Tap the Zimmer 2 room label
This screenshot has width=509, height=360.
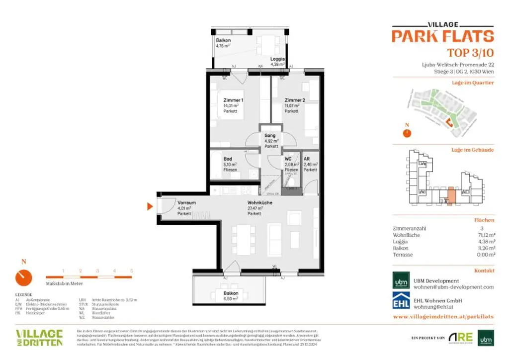[x=295, y=100]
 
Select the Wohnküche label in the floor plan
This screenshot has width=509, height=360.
[x=260, y=203]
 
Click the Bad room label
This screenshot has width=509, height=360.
[x=228, y=159]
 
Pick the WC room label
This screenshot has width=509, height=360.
[x=288, y=159]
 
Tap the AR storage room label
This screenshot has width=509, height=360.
[x=307, y=159]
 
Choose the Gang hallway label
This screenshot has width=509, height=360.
[x=270, y=135]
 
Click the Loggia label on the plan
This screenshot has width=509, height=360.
[x=277, y=59]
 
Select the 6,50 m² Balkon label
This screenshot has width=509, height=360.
[x=231, y=294]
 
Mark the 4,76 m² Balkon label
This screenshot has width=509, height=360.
[x=223, y=40]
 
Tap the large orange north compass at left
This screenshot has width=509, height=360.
[x=23, y=277]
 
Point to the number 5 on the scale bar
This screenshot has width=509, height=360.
[x=131, y=270]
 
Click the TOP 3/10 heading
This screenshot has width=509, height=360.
[x=470, y=53]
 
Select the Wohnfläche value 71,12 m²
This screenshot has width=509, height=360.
[x=485, y=235]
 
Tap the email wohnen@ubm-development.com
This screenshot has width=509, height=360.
[x=454, y=287]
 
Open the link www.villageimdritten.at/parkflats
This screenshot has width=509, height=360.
[x=443, y=316]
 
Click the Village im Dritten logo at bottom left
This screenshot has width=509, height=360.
[x=39, y=337]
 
